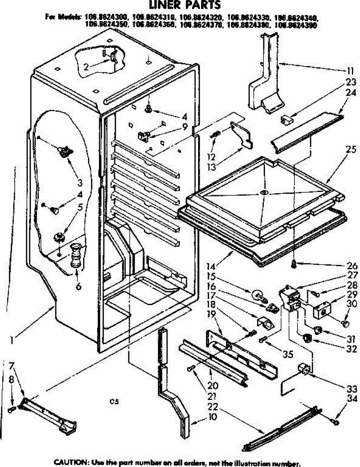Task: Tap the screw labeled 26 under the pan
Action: point(294,265)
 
